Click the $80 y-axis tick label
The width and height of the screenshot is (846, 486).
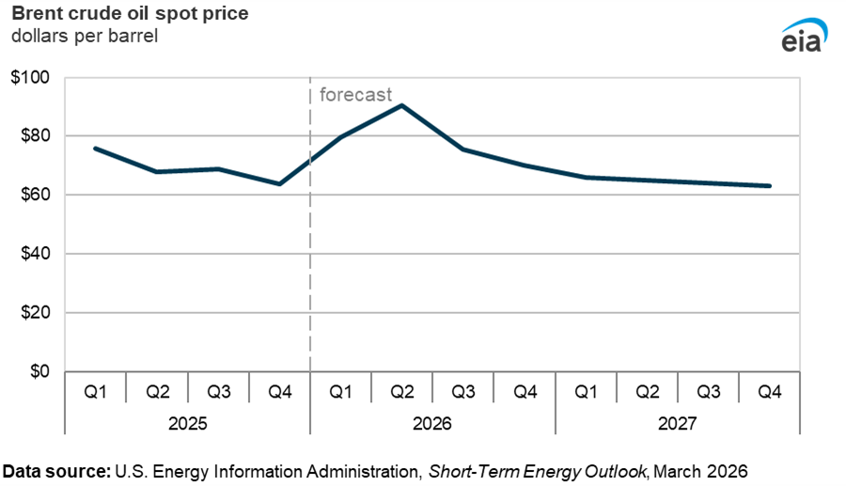click(36, 136)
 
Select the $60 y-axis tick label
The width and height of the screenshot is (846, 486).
click(36, 195)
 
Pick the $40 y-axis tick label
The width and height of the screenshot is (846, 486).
click(36, 254)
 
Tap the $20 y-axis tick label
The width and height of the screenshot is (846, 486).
click(36, 313)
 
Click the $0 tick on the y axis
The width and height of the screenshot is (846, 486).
click(40, 371)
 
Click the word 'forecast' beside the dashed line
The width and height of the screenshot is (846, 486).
click(355, 94)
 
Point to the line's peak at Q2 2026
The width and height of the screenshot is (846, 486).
click(401, 105)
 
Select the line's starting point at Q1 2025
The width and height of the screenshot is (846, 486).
click(95, 148)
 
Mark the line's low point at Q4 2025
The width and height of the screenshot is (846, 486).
click(279, 183)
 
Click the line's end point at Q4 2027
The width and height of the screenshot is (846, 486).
click(771, 186)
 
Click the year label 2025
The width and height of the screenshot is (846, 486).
click(187, 424)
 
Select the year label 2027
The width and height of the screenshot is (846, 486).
click(678, 424)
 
